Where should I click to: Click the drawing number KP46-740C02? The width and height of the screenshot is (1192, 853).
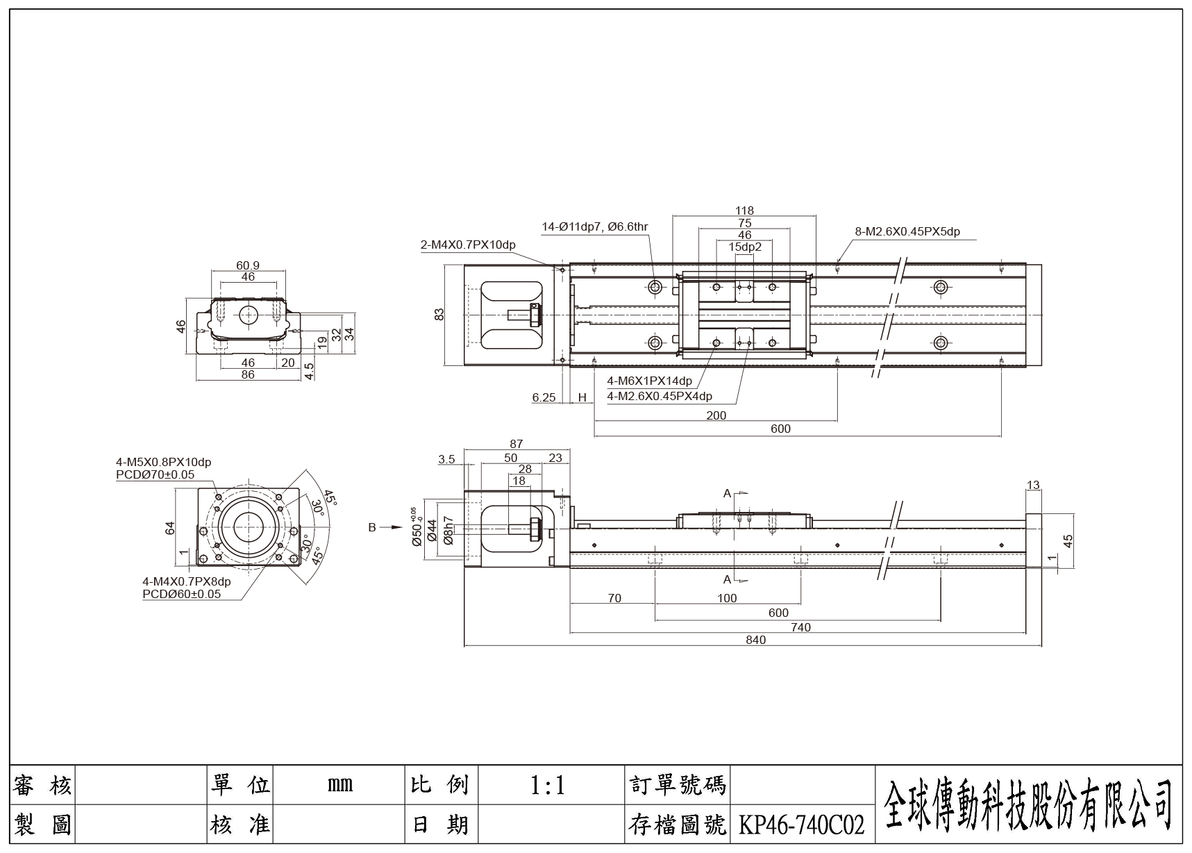[x=802, y=825]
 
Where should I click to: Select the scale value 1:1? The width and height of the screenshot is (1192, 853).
[x=548, y=785]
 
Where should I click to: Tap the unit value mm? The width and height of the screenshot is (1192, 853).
[x=339, y=785]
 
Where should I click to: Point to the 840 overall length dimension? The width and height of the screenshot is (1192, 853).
[x=755, y=640]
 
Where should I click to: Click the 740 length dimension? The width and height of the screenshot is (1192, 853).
[x=800, y=627]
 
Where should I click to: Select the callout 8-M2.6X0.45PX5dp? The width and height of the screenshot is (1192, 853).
[x=907, y=231]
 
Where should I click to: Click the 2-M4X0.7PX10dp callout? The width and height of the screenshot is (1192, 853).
[x=468, y=245]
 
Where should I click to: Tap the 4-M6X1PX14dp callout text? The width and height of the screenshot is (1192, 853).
[x=649, y=381]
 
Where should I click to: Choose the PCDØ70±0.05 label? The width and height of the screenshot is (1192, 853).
[x=155, y=475]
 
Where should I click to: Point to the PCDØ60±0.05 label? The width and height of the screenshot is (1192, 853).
[x=181, y=594]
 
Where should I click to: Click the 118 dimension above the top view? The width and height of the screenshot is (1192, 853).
[x=744, y=210]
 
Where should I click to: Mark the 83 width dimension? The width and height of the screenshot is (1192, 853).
[x=439, y=315]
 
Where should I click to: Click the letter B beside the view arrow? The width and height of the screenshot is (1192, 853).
[x=372, y=527]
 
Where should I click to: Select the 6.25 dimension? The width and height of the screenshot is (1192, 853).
[x=544, y=397]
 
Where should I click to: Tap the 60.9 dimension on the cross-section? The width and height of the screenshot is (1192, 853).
[x=248, y=265]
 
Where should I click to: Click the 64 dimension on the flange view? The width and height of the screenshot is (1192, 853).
[x=170, y=529]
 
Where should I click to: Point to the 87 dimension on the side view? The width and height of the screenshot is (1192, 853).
[x=516, y=444]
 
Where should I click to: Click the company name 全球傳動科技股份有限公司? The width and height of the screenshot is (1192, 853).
[x=1028, y=804]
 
